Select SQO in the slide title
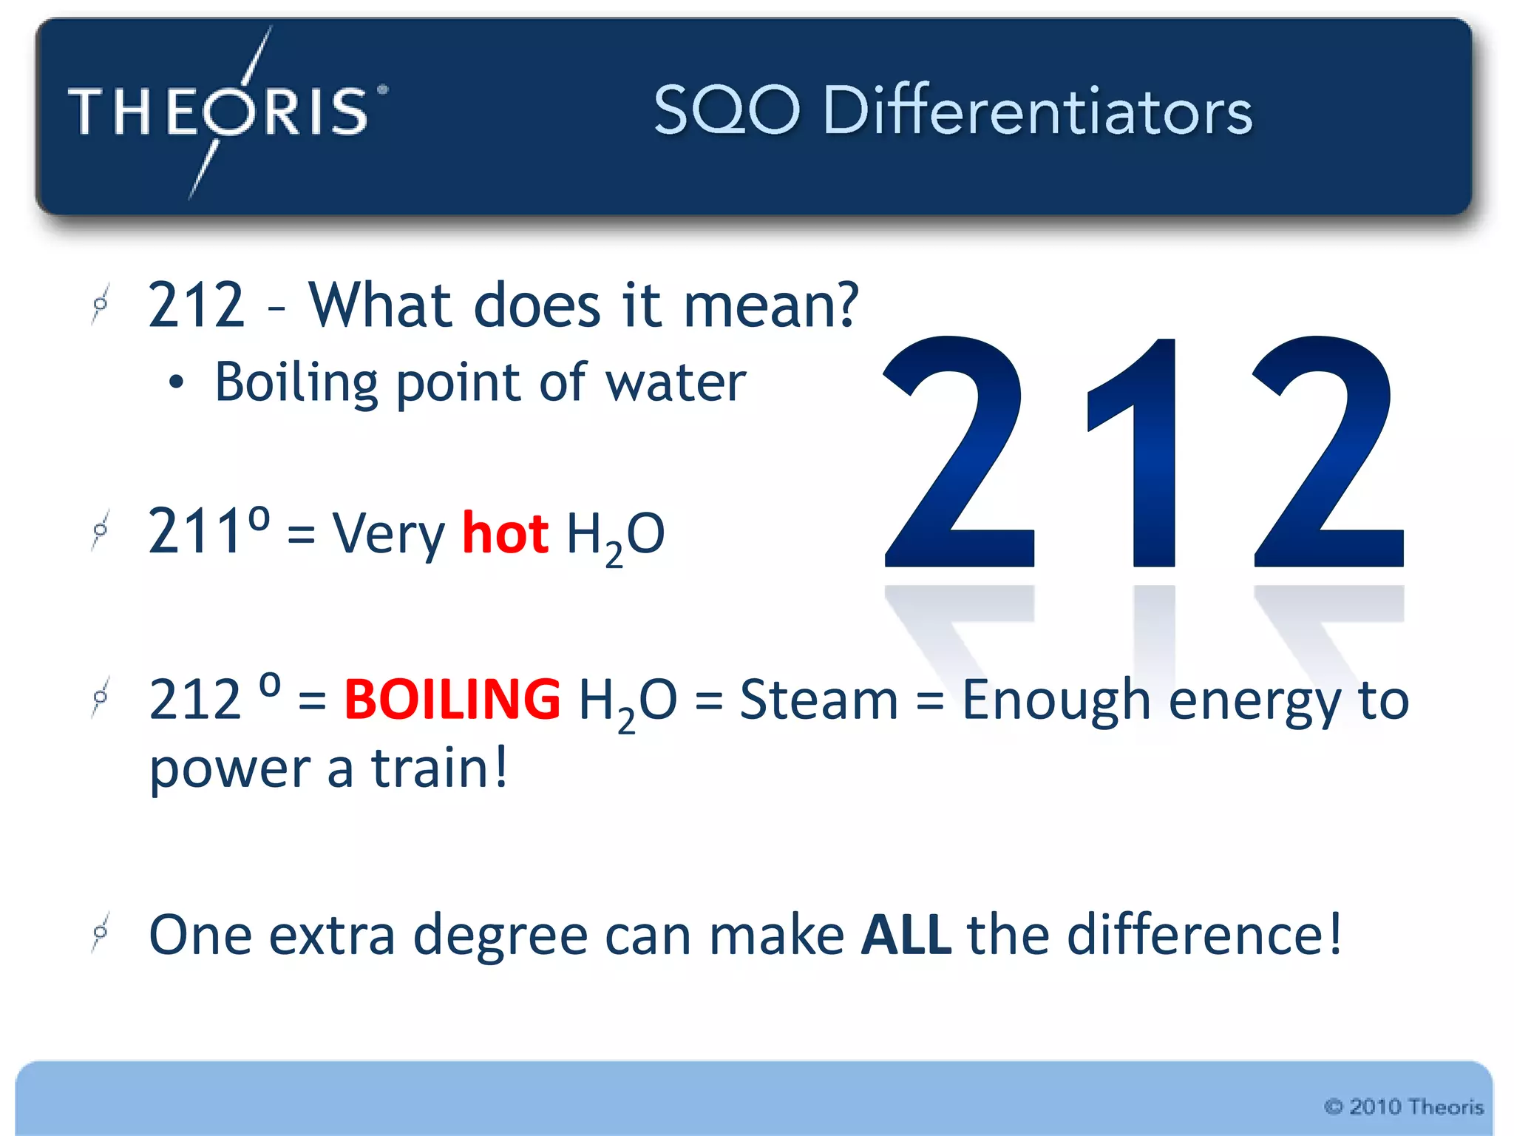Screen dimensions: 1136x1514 click(727, 111)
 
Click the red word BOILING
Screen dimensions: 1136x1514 click(452, 699)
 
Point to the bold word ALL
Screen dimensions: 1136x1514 click(906, 935)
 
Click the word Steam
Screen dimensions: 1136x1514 click(818, 699)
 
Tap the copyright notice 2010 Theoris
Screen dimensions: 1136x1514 click(1404, 1106)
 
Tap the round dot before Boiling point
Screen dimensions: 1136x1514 click(176, 383)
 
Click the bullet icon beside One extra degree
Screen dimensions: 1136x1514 click(101, 933)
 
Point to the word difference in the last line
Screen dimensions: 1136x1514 click(1196, 935)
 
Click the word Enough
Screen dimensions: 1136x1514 click(1056, 700)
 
